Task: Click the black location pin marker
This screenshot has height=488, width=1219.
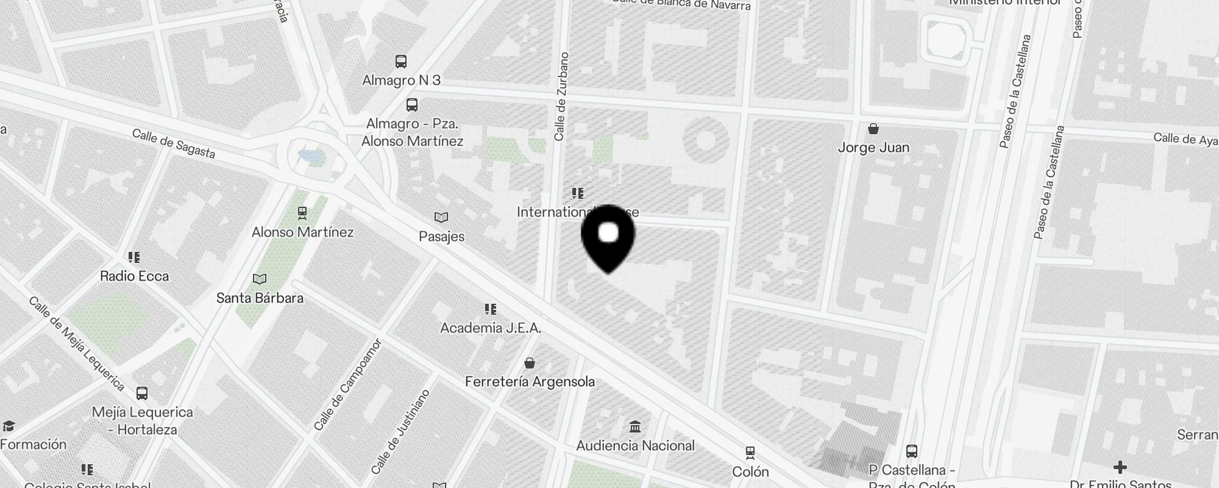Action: (608, 238)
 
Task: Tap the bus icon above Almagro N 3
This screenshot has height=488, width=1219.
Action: (401, 61)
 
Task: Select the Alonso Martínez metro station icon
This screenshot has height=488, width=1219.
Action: (302, 213)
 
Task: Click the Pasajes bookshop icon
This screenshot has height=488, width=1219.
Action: (441, 218)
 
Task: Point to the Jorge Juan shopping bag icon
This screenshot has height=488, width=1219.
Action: (873, 129)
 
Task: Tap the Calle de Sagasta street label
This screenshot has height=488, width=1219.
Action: (174, 143)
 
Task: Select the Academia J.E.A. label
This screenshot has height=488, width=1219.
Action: (491, 328)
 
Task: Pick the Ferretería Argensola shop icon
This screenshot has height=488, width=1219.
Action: (530, 363)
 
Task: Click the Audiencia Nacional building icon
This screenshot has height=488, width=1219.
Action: (635, 426)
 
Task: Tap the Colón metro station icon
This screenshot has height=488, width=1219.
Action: (750, 453)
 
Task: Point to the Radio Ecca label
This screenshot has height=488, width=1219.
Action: (134, 276)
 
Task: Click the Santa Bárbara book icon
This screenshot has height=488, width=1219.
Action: (260, 279)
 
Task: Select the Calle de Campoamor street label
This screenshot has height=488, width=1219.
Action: (347, 384)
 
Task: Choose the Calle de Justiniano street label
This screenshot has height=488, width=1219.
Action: (400, 432)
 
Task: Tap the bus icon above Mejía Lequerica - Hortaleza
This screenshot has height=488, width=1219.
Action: (142, 393)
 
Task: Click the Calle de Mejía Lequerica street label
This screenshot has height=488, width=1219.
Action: (77, 344)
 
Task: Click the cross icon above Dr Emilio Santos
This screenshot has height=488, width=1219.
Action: (1120, 468)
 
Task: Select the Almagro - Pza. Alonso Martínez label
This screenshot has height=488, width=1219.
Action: (412, 132)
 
